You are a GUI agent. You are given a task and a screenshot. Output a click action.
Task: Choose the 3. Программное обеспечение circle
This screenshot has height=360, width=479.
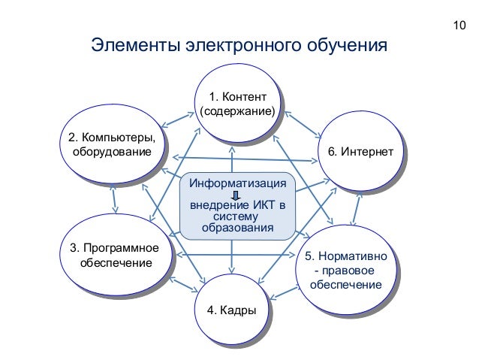[x=113, y=256]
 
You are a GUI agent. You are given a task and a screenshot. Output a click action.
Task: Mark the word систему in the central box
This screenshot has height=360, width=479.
[x=237, y=217]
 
